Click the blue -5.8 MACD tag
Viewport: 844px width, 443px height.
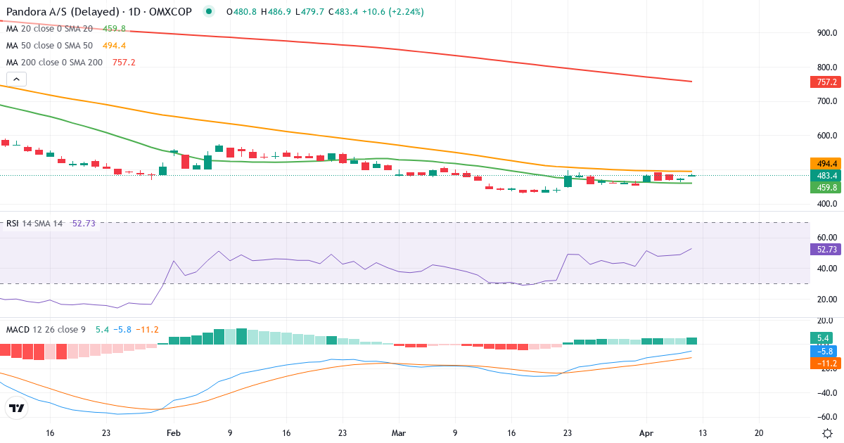click(824, 351)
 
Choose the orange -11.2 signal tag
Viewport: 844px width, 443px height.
click(824, 364)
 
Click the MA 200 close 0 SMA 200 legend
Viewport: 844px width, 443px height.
click(54, 62)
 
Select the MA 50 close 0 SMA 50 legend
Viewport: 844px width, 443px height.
click(49, 45)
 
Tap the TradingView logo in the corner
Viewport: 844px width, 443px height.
click(17, 408)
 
